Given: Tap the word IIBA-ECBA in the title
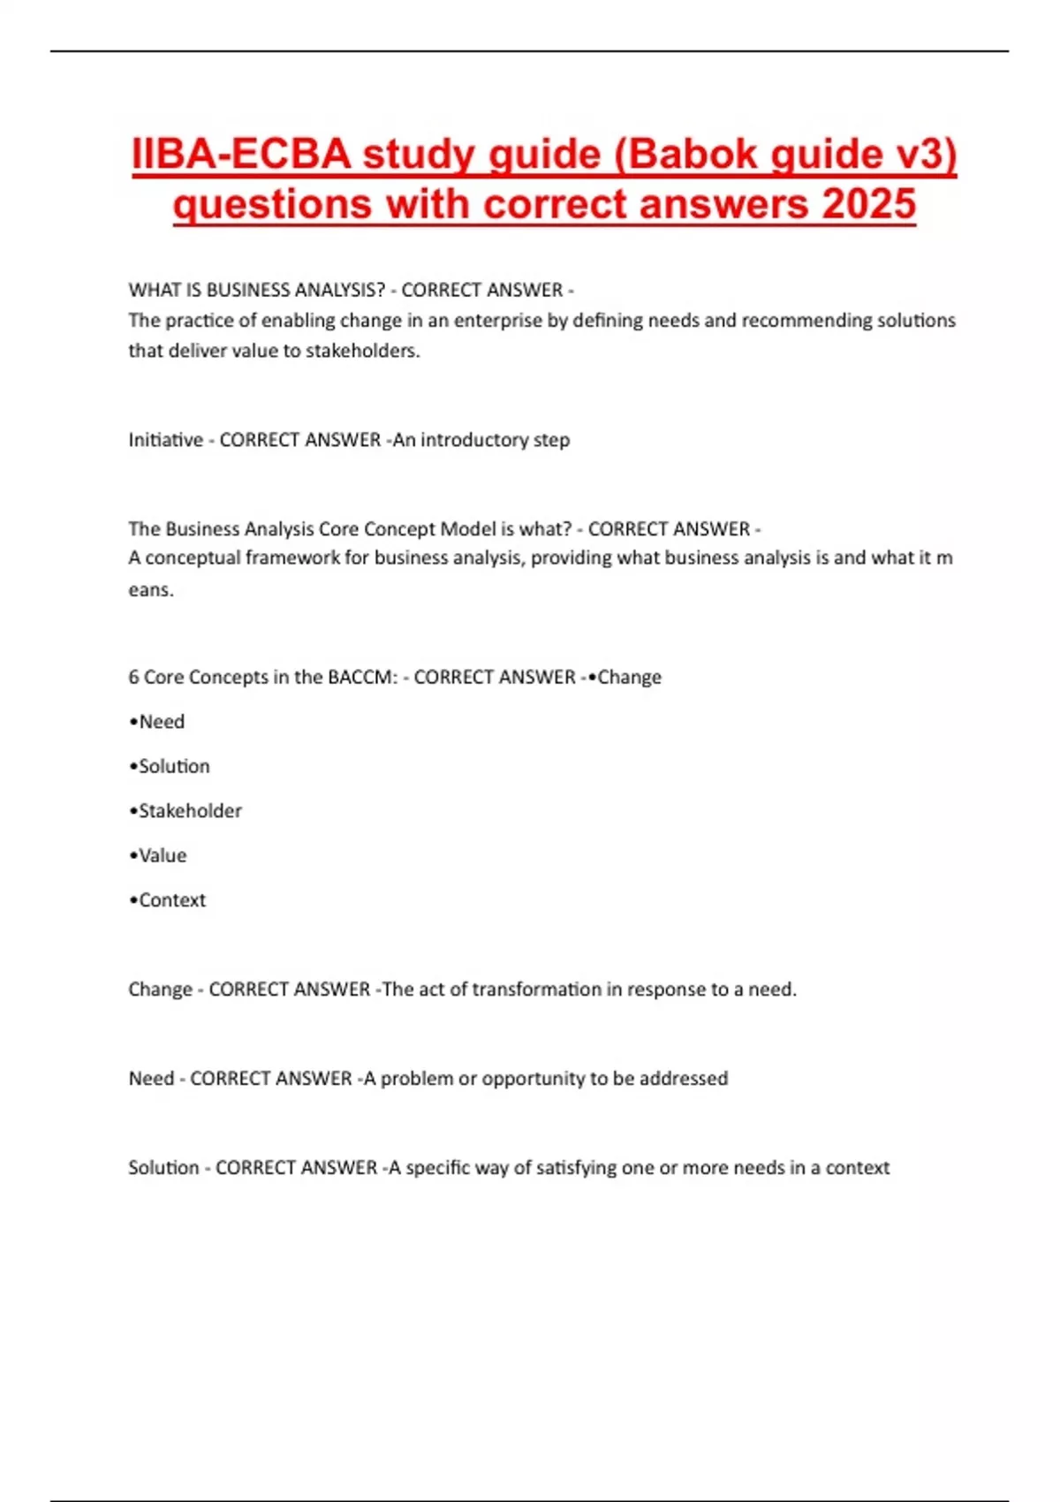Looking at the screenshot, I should (241, 155).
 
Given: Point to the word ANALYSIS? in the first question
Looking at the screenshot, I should (339, 290).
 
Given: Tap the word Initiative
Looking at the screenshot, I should (165, 440).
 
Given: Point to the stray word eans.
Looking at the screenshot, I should (151, 589).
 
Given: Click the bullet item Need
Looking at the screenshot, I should (161, 722).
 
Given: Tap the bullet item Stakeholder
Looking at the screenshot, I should (189, 811).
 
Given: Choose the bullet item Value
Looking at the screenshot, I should (162, 855).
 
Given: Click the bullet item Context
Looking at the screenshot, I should (171, 900).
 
